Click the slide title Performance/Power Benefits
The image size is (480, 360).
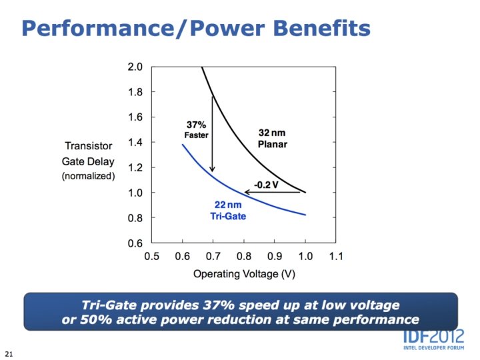click(195, 27)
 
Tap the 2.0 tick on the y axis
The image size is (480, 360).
click(135, 67)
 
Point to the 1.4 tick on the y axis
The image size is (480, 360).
click(135, 142)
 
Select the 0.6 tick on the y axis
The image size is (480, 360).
click(135, 243)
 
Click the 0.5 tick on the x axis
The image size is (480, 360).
click(151, 256)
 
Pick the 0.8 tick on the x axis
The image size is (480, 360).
click(243, 256)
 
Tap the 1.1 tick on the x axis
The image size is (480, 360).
click(335, 256)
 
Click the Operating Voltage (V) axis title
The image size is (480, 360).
click(244, 273)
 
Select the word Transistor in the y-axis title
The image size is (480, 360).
click(88, 146)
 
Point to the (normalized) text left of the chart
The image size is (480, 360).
click(88, 176)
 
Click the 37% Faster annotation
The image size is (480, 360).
click(196, 129)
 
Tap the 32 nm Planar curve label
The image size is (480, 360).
click(272, 139)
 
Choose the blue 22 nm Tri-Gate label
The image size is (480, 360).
click(229, 210)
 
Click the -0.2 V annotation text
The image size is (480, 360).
click(265, 184)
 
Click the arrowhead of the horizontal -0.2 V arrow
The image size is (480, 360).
click(247, 192)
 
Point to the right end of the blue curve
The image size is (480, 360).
click(305, 215)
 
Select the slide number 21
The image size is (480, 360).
click(9, 351)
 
